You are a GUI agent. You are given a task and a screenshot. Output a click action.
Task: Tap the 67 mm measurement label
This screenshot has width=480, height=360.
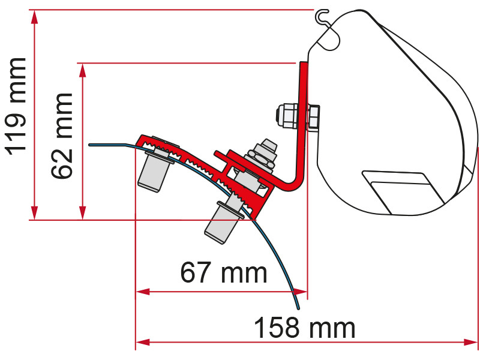tap(223, 274)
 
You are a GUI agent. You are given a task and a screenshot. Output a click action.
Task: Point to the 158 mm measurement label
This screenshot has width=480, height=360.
tap(304, 328)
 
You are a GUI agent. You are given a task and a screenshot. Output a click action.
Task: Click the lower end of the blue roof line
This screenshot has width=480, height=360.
tap(298, 307)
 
